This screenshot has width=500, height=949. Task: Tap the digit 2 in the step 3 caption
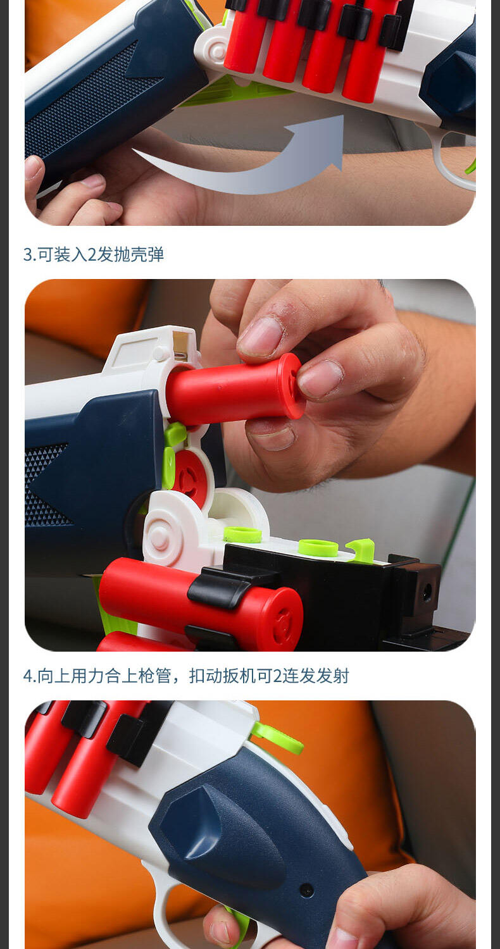(92, 254)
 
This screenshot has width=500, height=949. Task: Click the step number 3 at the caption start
(28, 254)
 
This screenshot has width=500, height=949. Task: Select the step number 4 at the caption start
(28, 676)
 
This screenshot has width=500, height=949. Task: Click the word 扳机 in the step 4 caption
(239, 676)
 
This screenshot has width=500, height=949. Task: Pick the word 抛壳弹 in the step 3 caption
(139, 254)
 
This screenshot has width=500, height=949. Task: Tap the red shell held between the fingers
(235, 388)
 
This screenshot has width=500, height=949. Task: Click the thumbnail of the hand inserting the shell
(250, 465)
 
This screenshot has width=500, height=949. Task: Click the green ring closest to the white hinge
(242, 535)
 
